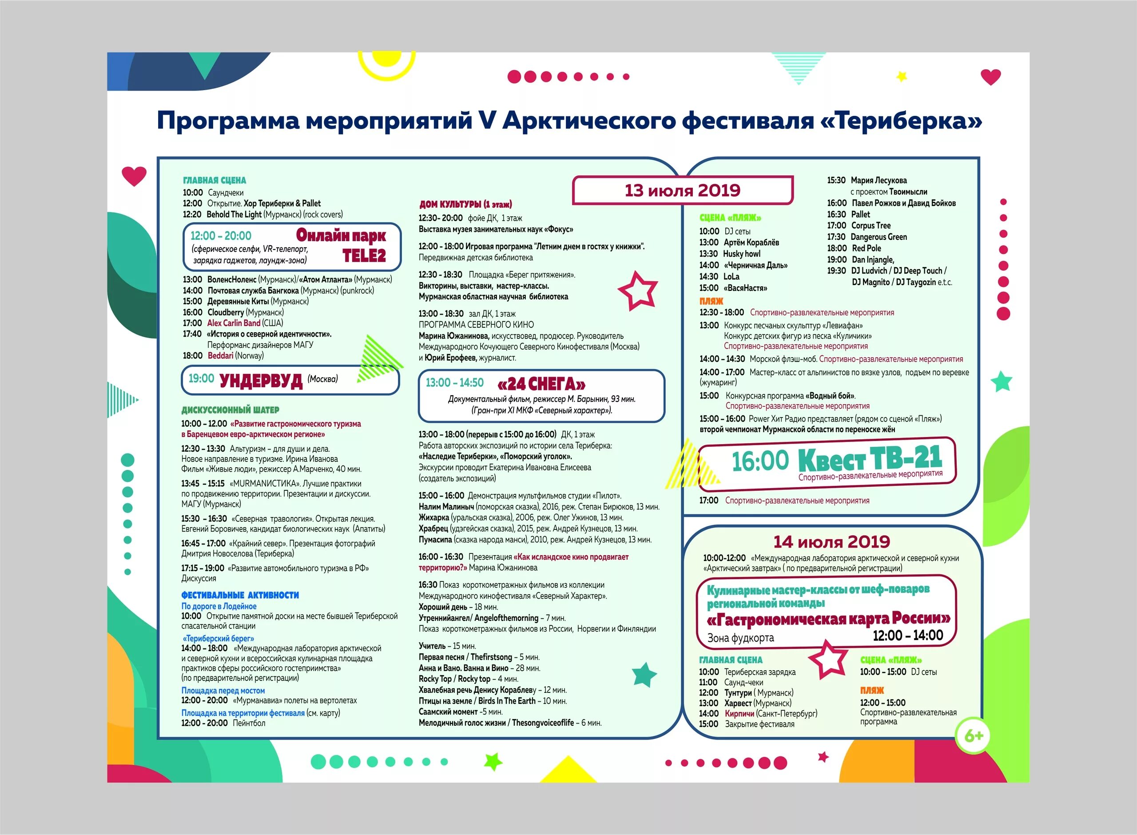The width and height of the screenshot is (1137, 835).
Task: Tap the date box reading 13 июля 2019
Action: coord(682,191)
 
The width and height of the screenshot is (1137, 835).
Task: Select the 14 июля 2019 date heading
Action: coord(831,542)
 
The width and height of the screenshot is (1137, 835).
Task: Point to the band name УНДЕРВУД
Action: coord(261,381)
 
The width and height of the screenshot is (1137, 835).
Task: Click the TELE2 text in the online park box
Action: coord(364,256)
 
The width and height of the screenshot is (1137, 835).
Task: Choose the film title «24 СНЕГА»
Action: coord(541,384)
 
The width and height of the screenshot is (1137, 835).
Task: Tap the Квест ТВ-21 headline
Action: coord(870,458)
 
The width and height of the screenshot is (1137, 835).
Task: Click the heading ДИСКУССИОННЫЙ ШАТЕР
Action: coord(230,410)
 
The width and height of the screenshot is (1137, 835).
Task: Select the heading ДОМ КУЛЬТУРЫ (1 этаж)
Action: coord(465,204)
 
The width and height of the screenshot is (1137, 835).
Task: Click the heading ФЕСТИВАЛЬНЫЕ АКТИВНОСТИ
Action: coord(240,595)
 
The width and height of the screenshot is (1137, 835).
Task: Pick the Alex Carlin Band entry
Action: coord(234,323)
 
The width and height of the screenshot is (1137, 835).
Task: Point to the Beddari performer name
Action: coord(220,356)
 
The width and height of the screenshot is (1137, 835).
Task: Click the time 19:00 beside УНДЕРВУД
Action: coord(201,378)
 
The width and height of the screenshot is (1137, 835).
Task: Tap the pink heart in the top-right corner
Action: coord(990,77)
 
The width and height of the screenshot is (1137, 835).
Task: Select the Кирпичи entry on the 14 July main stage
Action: coord(739,713)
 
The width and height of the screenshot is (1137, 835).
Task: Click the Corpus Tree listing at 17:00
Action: coord(871,226)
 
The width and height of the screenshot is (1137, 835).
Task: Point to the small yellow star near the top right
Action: coord(902,76)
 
